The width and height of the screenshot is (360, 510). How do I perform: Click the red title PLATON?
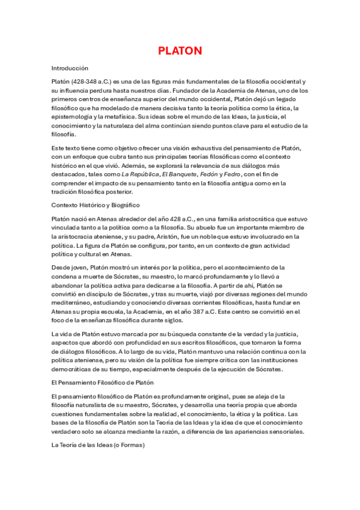pyautogui.click(x=180, y=51)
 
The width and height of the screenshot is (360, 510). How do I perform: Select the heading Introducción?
pyautogui.click(x=70, y=69)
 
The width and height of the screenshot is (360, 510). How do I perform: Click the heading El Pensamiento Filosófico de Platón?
pyautogui.click(x=103, y=382)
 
